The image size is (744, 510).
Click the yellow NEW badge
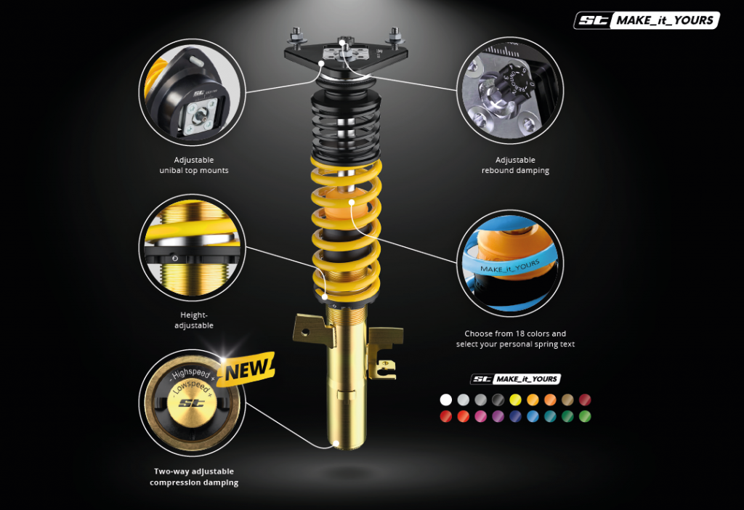[248, 369]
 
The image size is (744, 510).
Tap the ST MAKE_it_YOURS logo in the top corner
[647, 20]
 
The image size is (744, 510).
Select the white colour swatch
[445, 400]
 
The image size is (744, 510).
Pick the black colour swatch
[498, 400]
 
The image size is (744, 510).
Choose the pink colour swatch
[480, 416]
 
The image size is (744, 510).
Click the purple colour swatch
[498, 416]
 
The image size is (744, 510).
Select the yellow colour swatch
[515, 400]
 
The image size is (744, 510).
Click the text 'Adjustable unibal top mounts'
[193, 165]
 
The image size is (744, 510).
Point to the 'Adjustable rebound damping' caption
[515, 165]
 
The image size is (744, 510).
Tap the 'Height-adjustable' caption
[193, 320]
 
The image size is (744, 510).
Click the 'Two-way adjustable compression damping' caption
[194, 477]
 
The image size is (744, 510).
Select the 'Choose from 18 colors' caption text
[515, 339]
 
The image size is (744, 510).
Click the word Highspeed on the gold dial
[191, 373]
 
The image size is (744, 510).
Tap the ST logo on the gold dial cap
[191, 403]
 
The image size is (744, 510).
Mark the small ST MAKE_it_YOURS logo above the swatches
[515, 379]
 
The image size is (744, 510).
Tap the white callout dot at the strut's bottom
[336, 444]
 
